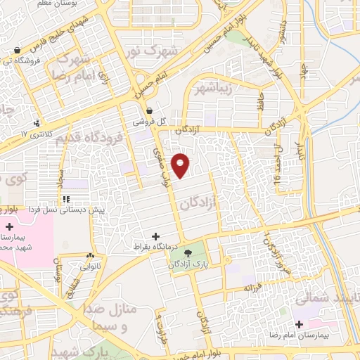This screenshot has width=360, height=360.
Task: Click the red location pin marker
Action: (x=181, y=164)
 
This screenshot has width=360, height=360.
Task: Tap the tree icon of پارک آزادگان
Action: (x=187, y=253)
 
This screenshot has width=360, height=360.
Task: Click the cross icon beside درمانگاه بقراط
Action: (x=156, y=236)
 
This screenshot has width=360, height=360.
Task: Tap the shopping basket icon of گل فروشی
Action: (x=149, y=110)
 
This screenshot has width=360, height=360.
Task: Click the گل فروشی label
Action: (x=151, y=121)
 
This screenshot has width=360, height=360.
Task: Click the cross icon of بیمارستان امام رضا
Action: (x=300, y=325)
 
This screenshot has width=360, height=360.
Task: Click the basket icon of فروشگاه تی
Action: (x=16, y=50)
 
